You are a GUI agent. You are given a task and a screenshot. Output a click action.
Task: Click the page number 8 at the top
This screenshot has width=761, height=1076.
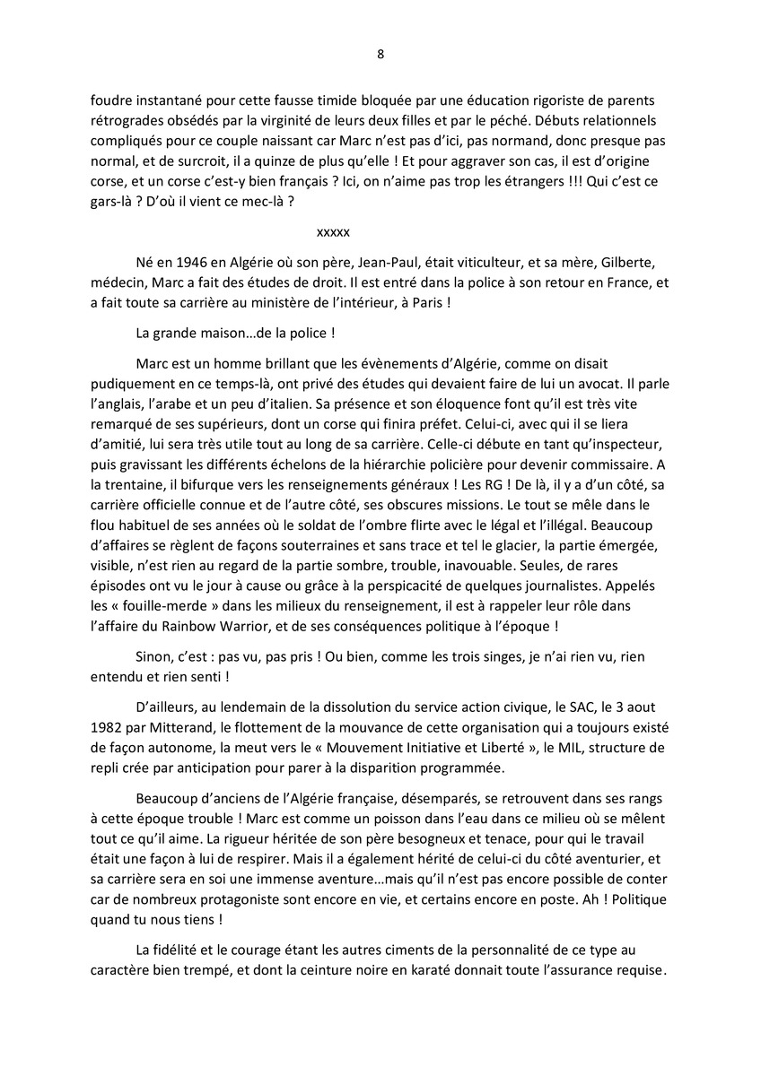pyautogui.click(x=380, y=53)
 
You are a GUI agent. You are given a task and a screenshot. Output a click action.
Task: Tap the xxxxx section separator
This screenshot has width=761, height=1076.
pyautogui.click(x=333, y=231)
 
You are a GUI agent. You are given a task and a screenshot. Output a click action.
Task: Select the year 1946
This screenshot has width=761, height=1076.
pyautogui.click(x=186, y=262)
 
